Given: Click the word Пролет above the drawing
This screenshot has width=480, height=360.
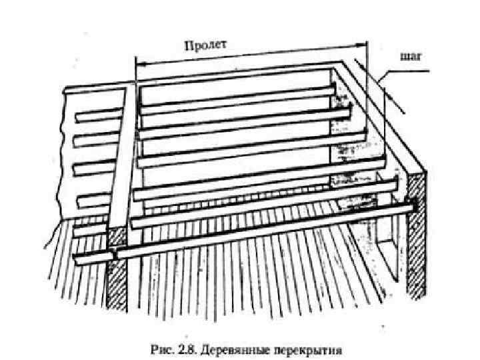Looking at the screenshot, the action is pos(205,45).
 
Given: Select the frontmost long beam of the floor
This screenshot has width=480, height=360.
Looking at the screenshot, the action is pos(267,231).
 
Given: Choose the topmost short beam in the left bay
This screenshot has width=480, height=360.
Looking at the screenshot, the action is pos(97,115).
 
